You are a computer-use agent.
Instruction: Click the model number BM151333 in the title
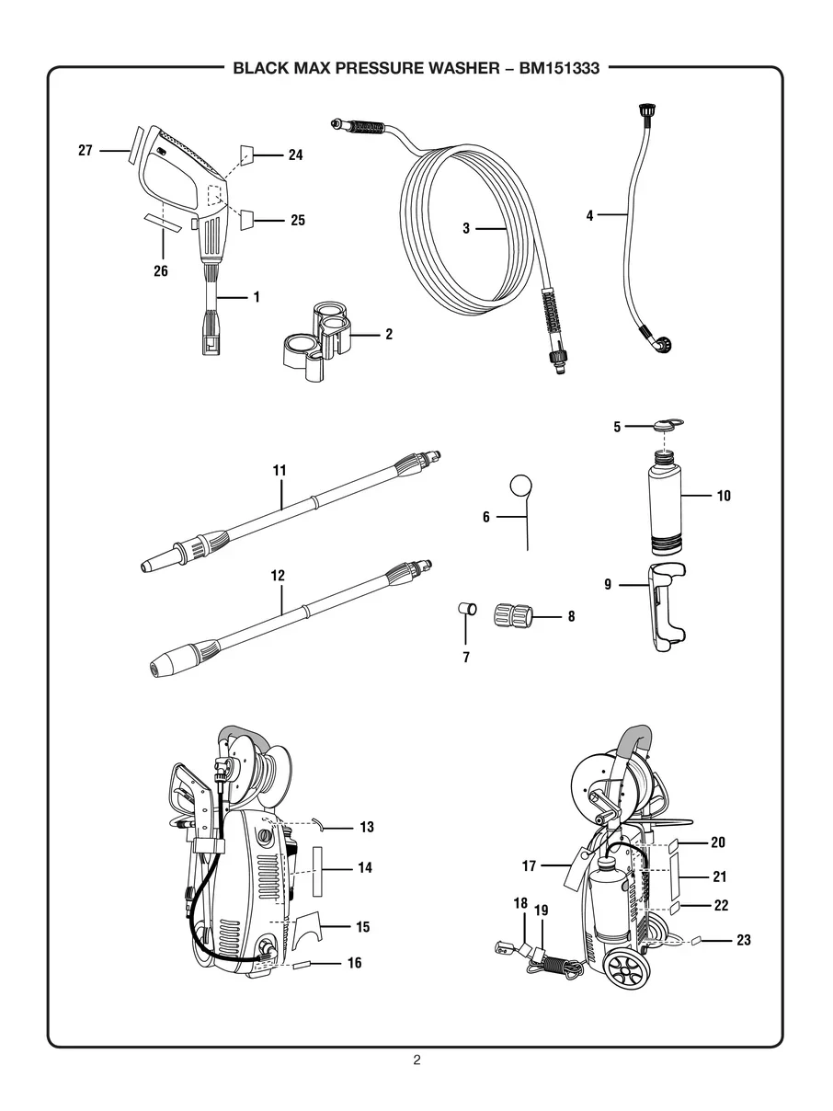coord(559,68)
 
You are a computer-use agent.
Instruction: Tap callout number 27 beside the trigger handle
coord(86,150)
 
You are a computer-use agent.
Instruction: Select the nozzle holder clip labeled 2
coord(315,340)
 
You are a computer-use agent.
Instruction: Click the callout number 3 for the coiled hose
coord(466,228)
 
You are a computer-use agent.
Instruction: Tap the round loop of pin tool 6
coord(521,486)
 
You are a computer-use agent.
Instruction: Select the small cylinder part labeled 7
coord(467,609)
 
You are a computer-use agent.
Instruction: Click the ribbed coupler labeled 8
coord(513,616)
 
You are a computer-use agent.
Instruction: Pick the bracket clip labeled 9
coord(667,607)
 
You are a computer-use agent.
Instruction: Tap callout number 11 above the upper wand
coord(280,470)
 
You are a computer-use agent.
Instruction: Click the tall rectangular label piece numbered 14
coord(317,871)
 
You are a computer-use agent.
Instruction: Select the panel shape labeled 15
coord(307,927)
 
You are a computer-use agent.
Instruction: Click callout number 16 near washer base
coord(355,962)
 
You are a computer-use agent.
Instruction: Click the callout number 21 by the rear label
coord(719,876)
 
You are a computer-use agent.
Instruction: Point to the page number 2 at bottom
coord(416,1058)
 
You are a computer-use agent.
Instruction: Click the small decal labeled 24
coord(246,155)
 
